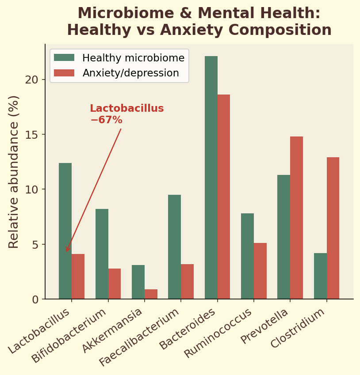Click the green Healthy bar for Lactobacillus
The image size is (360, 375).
pos(65,231)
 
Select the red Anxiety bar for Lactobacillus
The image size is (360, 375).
pos(78,277)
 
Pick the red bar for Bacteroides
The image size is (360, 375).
pos(224,197)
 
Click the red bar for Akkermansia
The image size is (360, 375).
pos(151,294)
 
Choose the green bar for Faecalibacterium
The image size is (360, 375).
pos(174,247)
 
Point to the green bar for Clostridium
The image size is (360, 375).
pos(320,276)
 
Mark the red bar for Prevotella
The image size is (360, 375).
pos(296,218)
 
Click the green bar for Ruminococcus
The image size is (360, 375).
pos(247,256)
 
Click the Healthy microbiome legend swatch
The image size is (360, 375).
pos(64,58)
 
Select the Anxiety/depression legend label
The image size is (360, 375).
pos(130,73)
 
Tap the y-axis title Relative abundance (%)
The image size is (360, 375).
pos(14,172)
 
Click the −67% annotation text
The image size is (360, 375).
pos(106,120)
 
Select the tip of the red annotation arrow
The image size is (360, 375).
pos(66,252)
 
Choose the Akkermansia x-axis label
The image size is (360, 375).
pos(113,330)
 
